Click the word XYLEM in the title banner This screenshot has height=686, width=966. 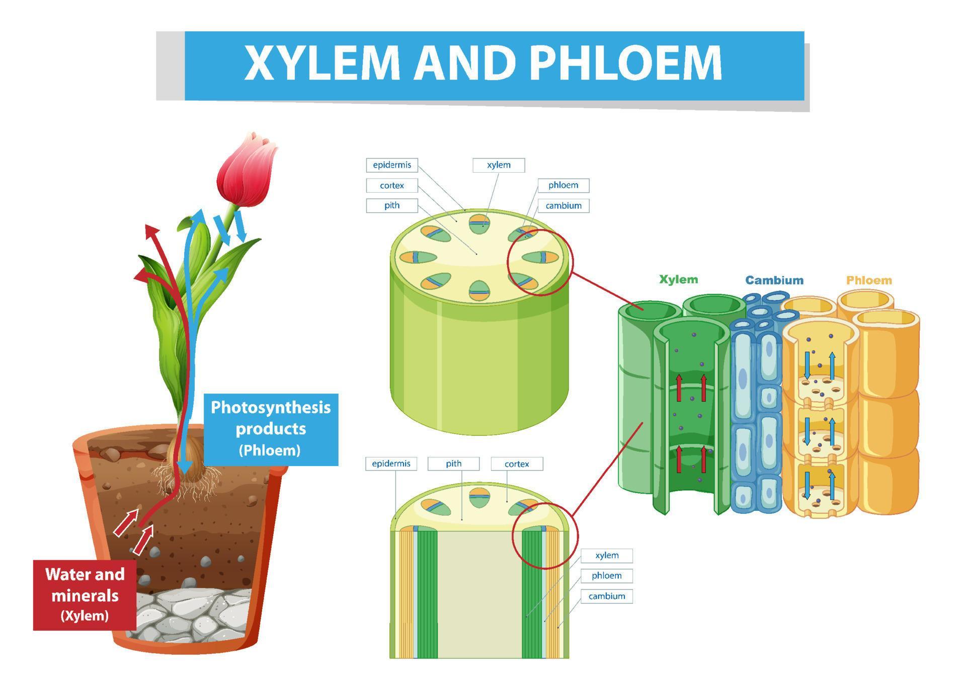click(322, 64)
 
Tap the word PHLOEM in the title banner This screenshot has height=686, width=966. click(626, 64)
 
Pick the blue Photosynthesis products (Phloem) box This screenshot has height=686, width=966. click(271, 429)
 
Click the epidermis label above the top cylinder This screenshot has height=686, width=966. click(391, 165)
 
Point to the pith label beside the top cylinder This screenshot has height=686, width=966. click(391, 205)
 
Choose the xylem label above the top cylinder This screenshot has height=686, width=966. click(499, 165)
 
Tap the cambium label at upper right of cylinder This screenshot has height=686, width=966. click(563, 206)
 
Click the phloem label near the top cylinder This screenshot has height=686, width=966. click(563, 185)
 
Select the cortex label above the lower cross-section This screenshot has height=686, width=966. click(517, 464)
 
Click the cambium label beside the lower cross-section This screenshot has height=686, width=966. click(606, 596)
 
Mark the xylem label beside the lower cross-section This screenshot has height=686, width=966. click(606, 556)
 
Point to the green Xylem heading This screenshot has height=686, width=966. click(678, 280)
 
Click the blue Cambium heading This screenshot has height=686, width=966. click(774, 280)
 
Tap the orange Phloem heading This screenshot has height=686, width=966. click(868, 280)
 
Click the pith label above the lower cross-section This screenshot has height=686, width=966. click(453, 464)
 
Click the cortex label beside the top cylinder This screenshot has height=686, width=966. click(391, 186)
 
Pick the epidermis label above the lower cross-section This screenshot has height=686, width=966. click(391, 464)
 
